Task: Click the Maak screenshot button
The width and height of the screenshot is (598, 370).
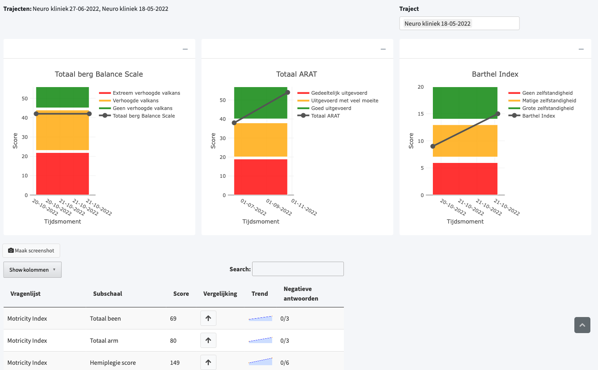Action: (31, 250)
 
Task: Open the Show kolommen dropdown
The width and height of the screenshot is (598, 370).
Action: (32, 270)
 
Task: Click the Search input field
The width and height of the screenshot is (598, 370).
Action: (298, 269)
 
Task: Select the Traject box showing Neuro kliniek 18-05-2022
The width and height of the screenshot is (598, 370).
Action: (459, 23)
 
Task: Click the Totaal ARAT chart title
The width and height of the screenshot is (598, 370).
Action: (297, 74)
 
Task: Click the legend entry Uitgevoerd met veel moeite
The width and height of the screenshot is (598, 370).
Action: (338, 100)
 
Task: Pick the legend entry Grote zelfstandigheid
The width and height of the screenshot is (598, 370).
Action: (541, 108)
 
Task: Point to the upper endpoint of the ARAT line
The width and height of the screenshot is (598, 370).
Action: (287, 92)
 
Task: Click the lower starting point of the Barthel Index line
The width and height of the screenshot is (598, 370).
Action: (433, 146)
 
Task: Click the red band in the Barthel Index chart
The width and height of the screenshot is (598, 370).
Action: (465, 179)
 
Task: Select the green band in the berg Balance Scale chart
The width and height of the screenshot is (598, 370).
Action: (63, 97)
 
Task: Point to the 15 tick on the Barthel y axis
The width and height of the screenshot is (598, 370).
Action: (420, 114)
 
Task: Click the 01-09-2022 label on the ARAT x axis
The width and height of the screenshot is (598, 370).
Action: (279, 207)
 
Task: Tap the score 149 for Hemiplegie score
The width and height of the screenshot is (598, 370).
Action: (175, 362)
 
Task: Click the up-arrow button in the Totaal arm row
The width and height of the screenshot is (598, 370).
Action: (208, 340)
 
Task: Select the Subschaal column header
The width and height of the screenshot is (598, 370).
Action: (107, 293)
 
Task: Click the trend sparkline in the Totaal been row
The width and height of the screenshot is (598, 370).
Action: (260, 318)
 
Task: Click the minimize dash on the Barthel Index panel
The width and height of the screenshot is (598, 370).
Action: (581, 49)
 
